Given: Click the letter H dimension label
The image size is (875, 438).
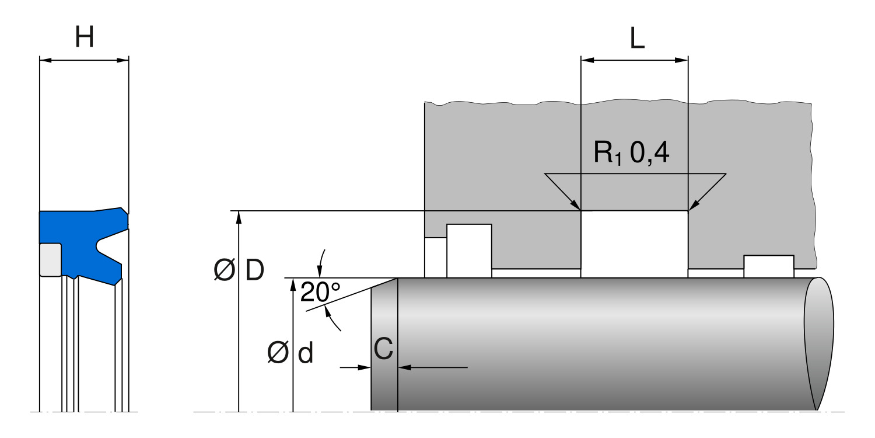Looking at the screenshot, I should [84, 38].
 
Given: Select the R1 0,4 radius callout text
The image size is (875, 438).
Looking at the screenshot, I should [632, 153].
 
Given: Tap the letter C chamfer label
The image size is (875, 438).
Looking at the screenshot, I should [383, 349].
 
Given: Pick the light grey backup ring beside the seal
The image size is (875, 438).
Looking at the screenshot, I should [50, 259].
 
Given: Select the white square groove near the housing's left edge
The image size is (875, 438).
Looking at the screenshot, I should [469, 250].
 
